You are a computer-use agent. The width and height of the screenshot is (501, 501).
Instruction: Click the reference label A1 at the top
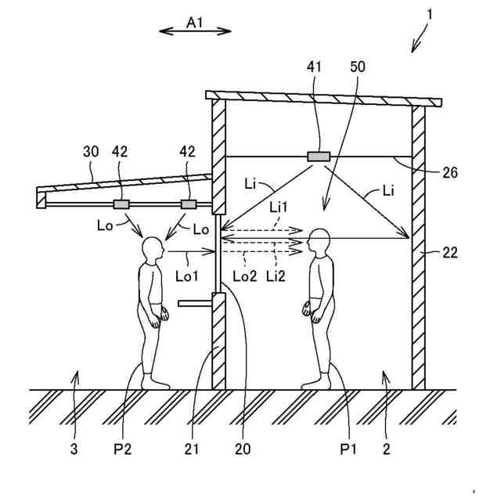click(194, 23)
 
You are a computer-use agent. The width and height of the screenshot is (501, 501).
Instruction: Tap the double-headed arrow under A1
click(195, 32)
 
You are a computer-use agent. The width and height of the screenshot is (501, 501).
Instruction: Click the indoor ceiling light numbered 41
click(318, 157)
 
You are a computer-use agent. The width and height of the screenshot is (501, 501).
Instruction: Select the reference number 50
click(357, 69)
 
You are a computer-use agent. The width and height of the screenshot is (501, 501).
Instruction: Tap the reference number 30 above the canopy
click(91, 151)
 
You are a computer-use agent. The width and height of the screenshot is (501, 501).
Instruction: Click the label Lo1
click(186, 276)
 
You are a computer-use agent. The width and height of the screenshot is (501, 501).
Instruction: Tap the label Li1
click(279, 207)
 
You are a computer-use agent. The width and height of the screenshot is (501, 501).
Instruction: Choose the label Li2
click(276, 276)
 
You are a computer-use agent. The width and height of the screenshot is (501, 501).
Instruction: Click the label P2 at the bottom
click(121, 449)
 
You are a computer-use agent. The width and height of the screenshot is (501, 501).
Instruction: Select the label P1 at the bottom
click(349, 449)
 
